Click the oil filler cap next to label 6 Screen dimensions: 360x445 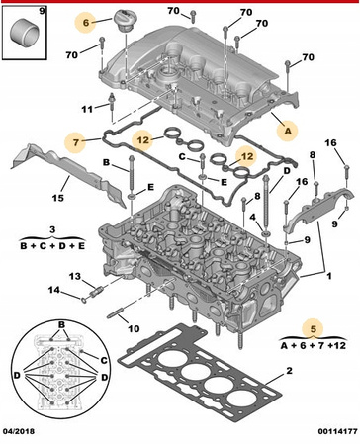pos(125,21)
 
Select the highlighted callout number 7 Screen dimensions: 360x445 pos(76,142)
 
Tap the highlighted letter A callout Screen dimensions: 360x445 pos(288,131)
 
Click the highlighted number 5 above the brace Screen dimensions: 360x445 pos(314,328)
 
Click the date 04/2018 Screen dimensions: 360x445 pos(19,431)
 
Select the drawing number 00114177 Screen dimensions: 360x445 pos(337,431)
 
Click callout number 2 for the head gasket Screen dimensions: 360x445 pos(289,371)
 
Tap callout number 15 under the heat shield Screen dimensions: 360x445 pos(58,198)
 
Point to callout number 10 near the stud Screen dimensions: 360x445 pos(134,328)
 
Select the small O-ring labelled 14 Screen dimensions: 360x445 pos(84,300)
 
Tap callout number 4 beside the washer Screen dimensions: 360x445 pos(252,218)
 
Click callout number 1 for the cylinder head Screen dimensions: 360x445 pos(329,276)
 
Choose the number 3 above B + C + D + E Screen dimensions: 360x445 pos(52,229)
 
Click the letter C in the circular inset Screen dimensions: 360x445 pos(104,360)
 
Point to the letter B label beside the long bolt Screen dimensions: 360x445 pos(106,162)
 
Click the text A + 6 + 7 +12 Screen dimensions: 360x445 pos(314,345)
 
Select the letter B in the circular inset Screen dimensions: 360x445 pos(62,324)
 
